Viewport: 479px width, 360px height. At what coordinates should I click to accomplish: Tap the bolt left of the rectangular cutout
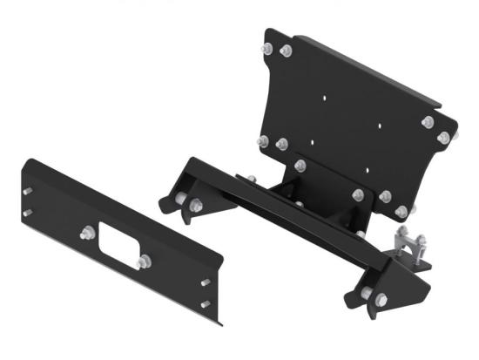pyautogui.click(x=87, y=233)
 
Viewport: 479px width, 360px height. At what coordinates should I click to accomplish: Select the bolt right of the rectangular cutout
pyautogui.click(x=144, y=262)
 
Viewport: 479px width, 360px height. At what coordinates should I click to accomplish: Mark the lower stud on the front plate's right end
pyautogui.click(x=206, y=303)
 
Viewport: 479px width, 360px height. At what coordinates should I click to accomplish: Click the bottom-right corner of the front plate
pyautogui.click(x=219, y=323)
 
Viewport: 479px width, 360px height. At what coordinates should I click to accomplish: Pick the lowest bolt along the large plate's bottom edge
pyautogui.click(x=401, y=211)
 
